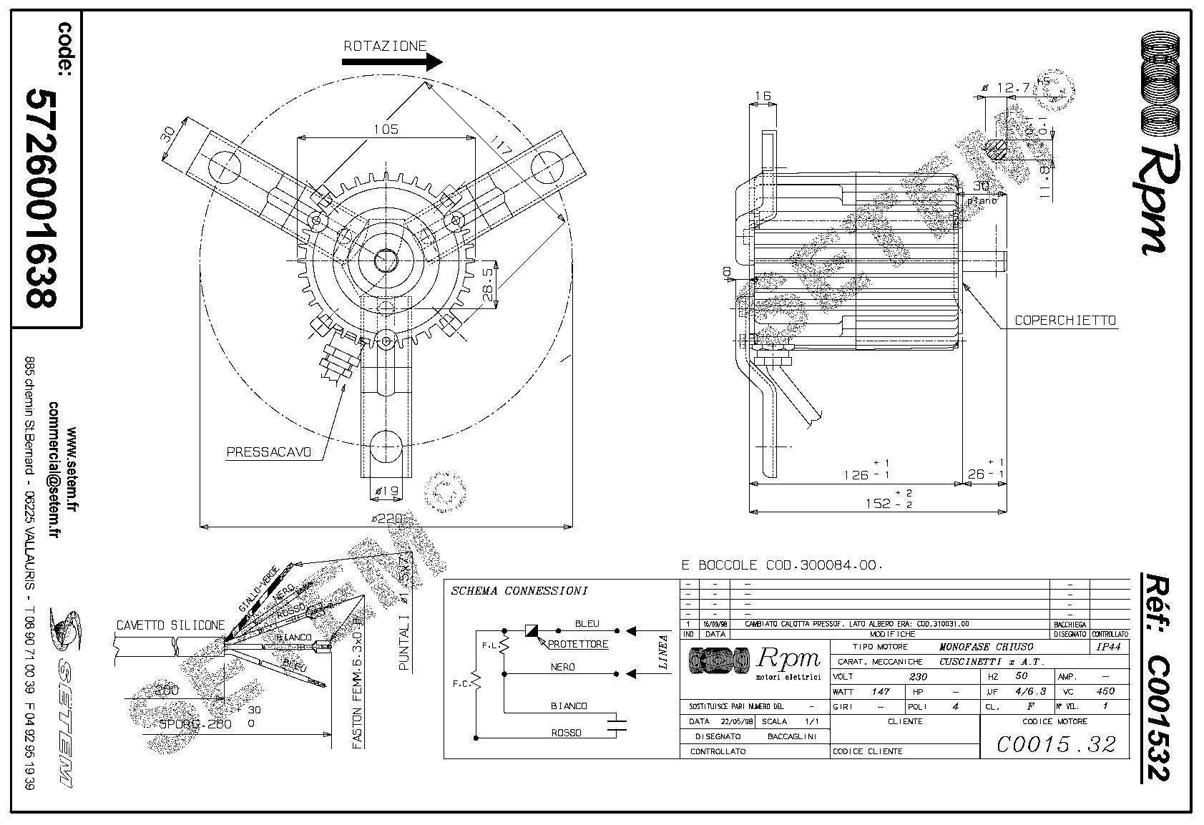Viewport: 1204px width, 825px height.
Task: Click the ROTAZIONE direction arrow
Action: (x=392, y=62)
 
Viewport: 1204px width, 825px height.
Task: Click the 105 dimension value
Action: (x=386, y=130)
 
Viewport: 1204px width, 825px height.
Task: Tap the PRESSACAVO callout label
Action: (x=269, y=452)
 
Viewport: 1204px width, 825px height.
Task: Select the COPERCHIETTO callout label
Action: (x=1065, y=321)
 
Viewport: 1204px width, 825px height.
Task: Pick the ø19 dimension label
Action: (x=386, y=491)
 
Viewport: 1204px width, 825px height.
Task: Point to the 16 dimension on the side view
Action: (x=762, y=96)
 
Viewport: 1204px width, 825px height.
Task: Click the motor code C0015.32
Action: (x=1056, y=745)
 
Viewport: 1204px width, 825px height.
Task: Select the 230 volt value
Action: (x=918, y=676)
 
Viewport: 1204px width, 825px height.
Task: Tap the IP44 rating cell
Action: (x=1108, y=647)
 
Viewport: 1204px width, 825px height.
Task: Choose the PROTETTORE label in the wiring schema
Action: (x=578, y=644)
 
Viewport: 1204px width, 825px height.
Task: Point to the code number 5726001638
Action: (x=41, y=197)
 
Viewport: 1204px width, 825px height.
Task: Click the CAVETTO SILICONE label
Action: (x=170, y=625)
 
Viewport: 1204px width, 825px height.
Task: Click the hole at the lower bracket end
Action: (x=386, y=445)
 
